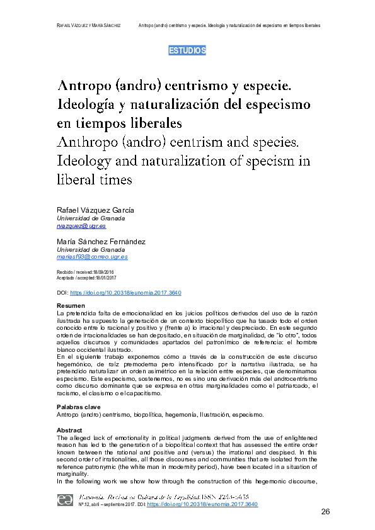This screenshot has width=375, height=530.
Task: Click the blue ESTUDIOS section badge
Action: pos(187,51)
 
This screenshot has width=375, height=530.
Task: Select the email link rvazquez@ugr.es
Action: pos(81,226)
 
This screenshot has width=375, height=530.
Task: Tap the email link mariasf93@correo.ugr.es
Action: pos(92,257)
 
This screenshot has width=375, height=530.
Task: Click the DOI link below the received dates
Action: pos(125,293)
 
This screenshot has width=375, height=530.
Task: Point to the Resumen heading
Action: pos(71,305)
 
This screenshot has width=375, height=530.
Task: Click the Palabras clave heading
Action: pos(79,407)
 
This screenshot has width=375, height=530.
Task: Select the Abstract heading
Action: pos(70,431)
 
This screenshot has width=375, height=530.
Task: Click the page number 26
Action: pos(325,512)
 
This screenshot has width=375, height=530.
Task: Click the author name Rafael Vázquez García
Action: pos(95,210)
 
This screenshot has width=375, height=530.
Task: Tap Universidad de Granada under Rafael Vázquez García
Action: pos(91,218)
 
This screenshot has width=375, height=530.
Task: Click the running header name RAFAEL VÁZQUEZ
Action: pos(72,25)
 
